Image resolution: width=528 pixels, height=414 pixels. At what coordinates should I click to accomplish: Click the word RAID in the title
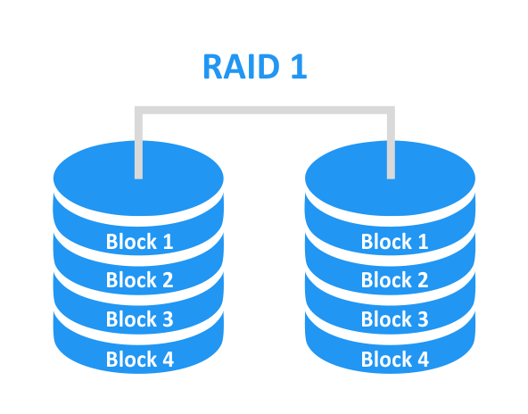pos(242,66)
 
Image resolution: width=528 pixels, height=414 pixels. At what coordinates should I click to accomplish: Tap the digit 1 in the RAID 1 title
pos(299,66)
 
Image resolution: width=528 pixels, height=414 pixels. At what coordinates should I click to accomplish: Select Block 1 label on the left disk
pos(139,242)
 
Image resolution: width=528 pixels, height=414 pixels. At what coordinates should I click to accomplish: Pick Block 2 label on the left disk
pos(139,280)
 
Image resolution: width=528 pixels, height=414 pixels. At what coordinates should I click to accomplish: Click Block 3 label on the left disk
pos(139,319)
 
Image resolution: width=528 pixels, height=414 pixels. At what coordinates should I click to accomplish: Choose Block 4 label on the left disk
pos(140,359)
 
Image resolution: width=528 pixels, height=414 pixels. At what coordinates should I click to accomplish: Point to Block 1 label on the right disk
pos(394,242)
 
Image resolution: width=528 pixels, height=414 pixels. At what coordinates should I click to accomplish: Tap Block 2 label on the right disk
pos(394,280)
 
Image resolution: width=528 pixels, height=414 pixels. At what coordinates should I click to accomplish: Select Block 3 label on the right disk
pos(394,319)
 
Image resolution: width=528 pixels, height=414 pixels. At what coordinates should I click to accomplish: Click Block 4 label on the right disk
pos(395,359)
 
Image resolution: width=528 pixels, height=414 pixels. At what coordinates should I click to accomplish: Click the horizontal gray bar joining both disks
pos(265,111)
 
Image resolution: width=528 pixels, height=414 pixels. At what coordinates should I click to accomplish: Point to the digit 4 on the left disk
pos(168,360)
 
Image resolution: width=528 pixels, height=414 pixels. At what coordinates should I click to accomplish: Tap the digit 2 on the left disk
pos(168,280)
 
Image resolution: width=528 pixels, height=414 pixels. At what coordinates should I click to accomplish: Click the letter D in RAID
pos(268,66)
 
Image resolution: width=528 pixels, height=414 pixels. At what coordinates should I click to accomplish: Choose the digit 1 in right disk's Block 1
pos(423,242)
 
